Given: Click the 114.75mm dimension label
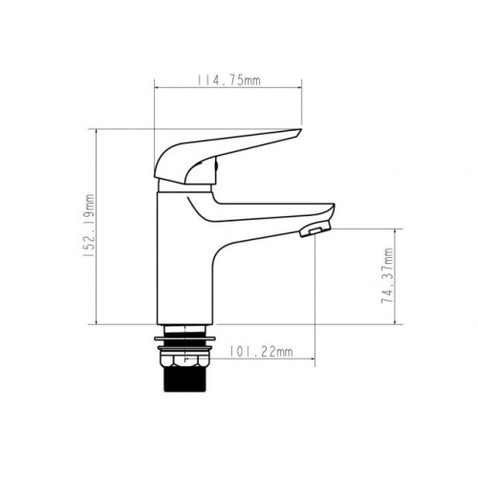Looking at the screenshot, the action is tap(228, 80).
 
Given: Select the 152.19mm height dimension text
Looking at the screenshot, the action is tap(90, 226).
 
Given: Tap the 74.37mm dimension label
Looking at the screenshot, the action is tap(387, 275).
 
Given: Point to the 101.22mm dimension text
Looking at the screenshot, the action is tap(261, 352).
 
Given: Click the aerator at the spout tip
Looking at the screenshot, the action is tap(315, 230).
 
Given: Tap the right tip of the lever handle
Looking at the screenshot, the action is tap(300, 130).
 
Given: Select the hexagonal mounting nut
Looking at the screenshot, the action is tap(185, 361).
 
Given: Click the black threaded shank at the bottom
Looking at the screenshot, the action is tap(185, 380).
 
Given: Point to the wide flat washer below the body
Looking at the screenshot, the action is tap(185, 338).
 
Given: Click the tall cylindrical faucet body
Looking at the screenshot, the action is tap(185, 258).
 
